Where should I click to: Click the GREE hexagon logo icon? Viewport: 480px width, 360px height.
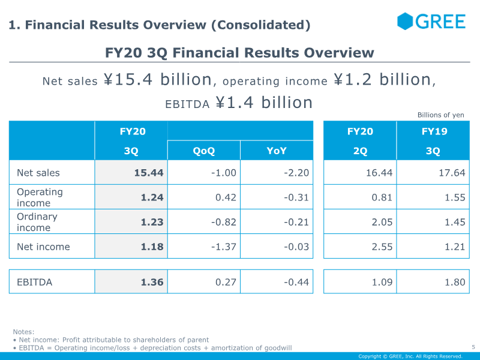click(405, 21)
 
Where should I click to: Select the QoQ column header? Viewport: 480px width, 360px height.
click(204, 151)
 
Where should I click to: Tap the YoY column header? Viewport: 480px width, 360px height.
click(277, 151)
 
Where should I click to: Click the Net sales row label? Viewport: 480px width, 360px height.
click(38, 173)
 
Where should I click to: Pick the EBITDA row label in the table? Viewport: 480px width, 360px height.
click(35, 282)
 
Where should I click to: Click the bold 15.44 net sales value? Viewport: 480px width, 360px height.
click(149, 173)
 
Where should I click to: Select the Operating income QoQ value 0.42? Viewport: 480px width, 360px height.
click(226, 197)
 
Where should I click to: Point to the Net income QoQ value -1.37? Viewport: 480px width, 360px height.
click(223, 247)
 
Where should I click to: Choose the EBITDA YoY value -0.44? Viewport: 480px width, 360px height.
click(296, 282)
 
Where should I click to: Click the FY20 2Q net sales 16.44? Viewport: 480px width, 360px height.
click(379, 173)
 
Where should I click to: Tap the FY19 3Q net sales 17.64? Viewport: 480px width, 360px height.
click(452, 173)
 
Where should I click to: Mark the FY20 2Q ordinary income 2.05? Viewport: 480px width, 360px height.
click(382, 222)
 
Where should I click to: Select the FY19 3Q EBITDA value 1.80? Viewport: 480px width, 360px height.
click(455, 282)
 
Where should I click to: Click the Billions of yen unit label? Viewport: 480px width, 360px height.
click(441, 115)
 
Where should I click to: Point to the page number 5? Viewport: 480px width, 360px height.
click(473, 347)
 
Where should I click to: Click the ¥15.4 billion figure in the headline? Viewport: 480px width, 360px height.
click(158, 79)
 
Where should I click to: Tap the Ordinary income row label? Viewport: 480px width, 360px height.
click(37, 222)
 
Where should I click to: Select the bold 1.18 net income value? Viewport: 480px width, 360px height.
click(152, 247)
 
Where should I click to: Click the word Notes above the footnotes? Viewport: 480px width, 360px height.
click(23, 332)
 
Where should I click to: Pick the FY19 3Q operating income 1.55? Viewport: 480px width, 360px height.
click(455, 197)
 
